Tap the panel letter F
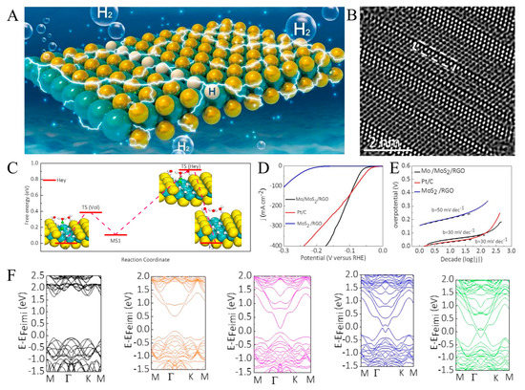click(10, 282)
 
